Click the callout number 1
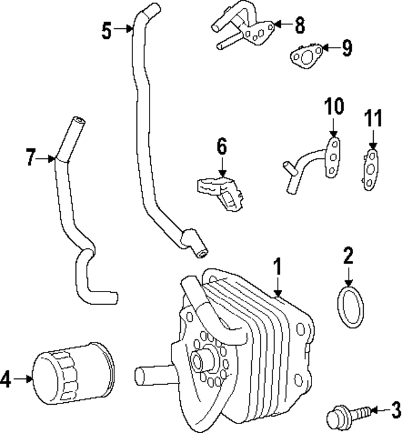coord(276,268)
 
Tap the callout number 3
coord(395,412)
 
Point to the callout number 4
coord(6,378)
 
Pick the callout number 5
coord(107,30)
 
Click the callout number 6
coord(222,148)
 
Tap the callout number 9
coord(346,48)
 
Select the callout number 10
coord(334,106)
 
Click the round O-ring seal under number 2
coord(350,307)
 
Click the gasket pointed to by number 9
coord(307,55)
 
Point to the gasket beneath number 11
coord(372,168)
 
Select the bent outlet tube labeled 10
coord(311,161)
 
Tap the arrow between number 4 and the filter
coord(24,378)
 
